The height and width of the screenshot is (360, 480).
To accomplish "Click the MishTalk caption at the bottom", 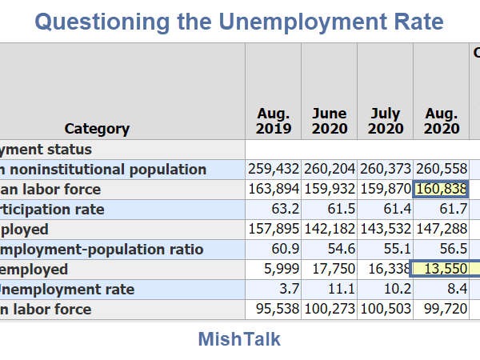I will click(239, 339).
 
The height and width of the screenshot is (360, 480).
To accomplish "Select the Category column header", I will click(97, 129).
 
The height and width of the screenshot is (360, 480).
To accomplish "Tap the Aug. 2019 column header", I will click(274, 121).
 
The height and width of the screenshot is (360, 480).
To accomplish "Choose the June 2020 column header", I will click(330, 121).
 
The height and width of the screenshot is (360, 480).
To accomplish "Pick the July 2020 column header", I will click(386, 121).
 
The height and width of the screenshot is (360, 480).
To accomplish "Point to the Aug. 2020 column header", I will click(442, 121).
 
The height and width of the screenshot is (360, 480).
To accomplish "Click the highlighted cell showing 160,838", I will click(442, 190).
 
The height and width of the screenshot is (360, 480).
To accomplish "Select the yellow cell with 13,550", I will click(442, 270).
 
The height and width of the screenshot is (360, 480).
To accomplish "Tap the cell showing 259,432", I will click(274, 170).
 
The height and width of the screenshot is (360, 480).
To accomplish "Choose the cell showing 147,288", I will click(442, 230).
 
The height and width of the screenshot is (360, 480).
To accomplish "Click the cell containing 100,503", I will click(386, 310).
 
